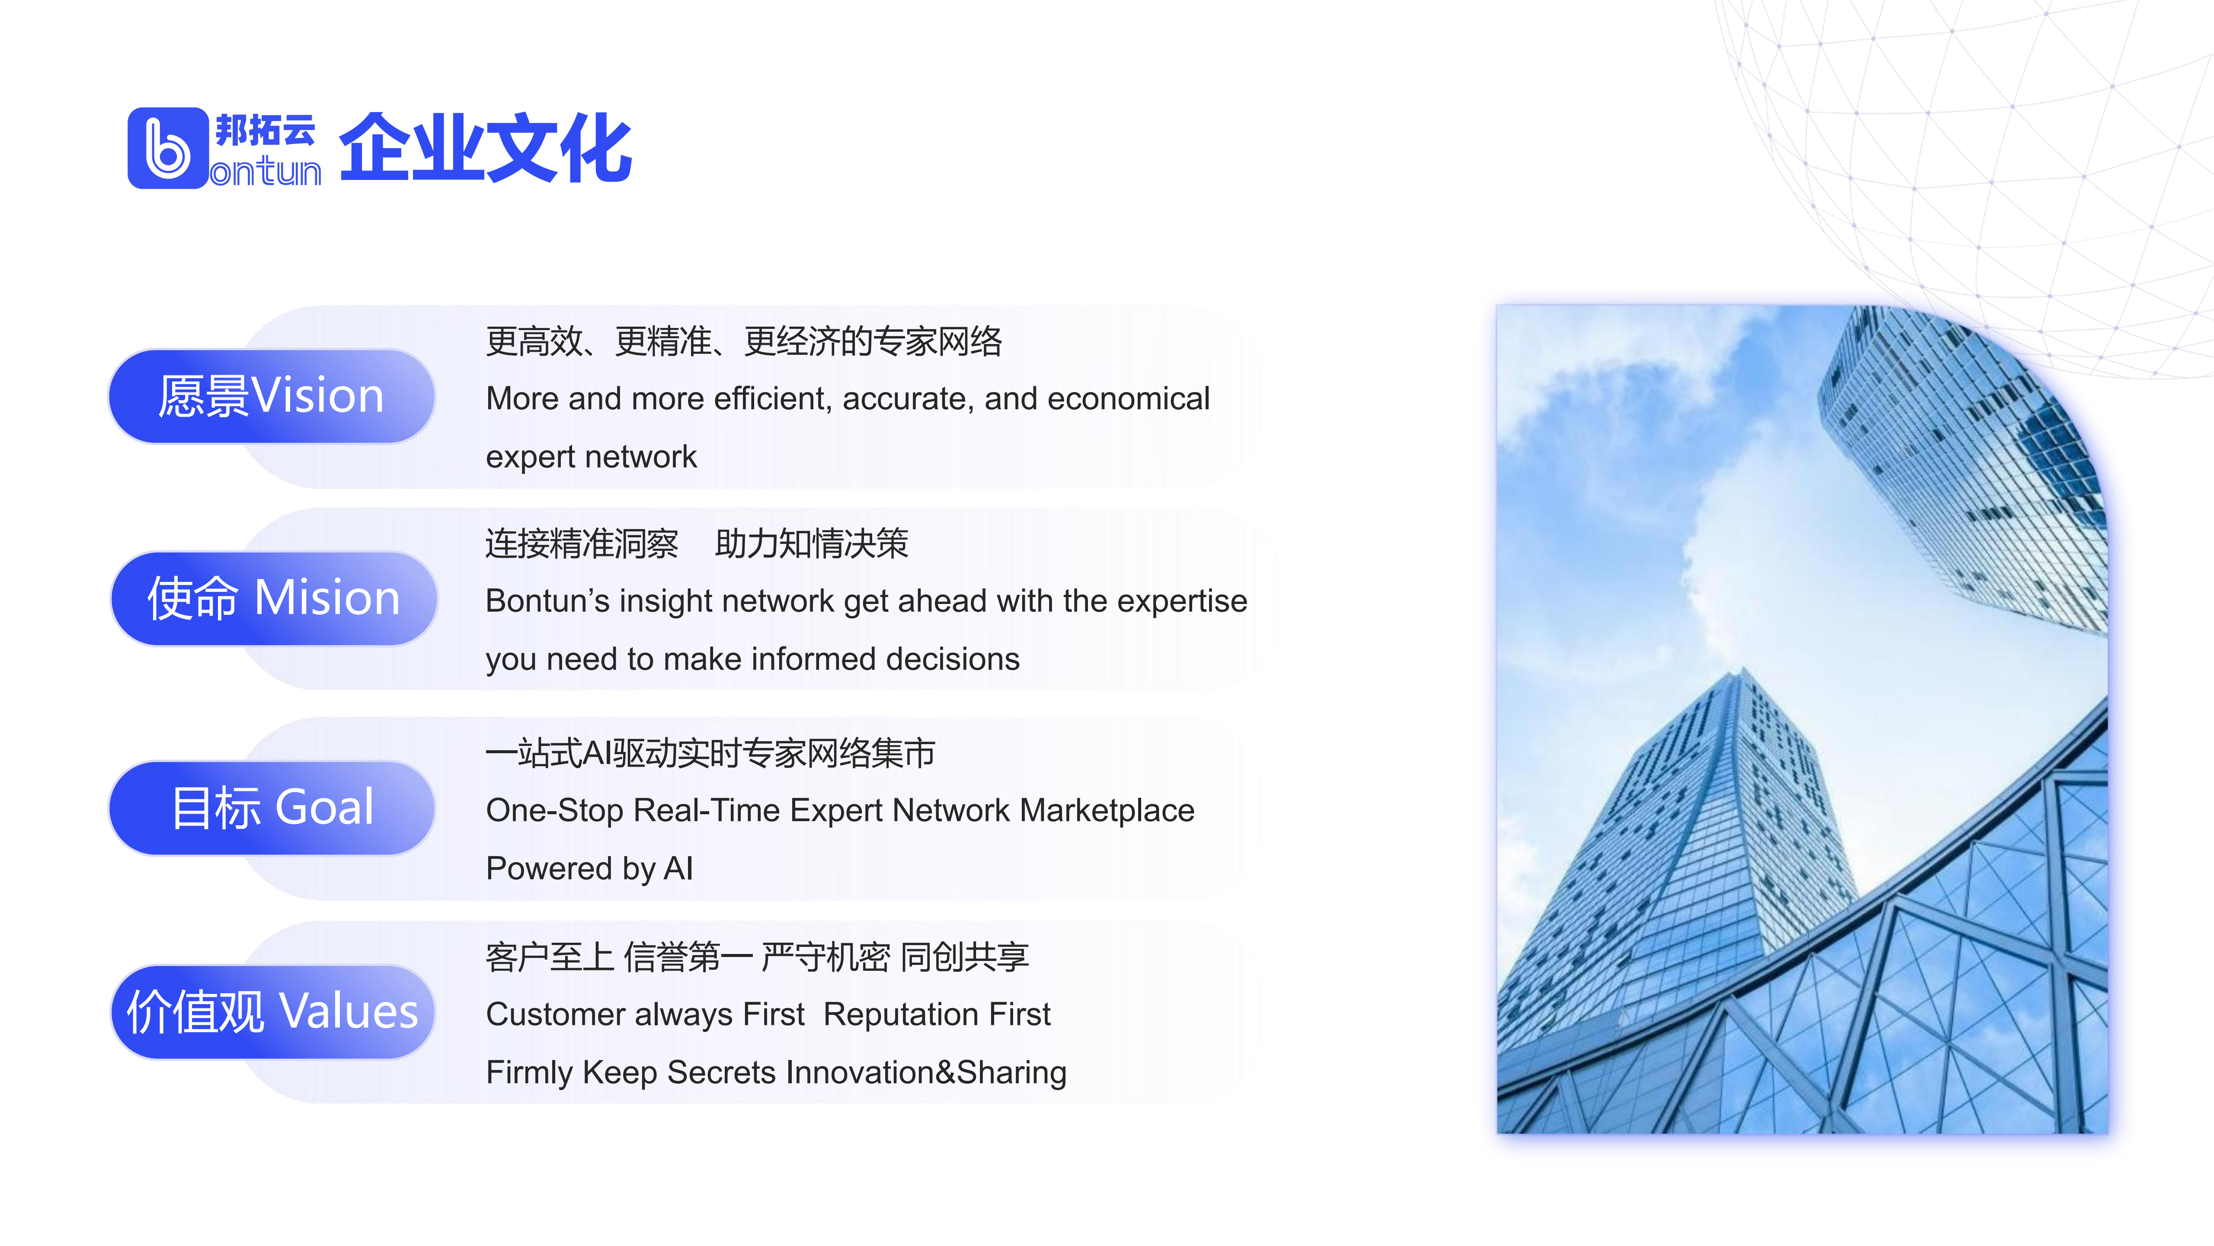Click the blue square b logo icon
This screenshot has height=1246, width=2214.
(168, 148)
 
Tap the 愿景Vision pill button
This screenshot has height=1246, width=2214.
(272, 396)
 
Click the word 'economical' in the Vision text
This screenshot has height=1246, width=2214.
(1129, 399)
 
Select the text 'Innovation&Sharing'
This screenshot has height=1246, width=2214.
(926, 1073)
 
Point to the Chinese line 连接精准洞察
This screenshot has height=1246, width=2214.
(582, 543)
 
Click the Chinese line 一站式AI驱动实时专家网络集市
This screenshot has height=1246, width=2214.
(710, 753)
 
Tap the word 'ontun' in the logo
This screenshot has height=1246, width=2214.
(266, 172)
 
